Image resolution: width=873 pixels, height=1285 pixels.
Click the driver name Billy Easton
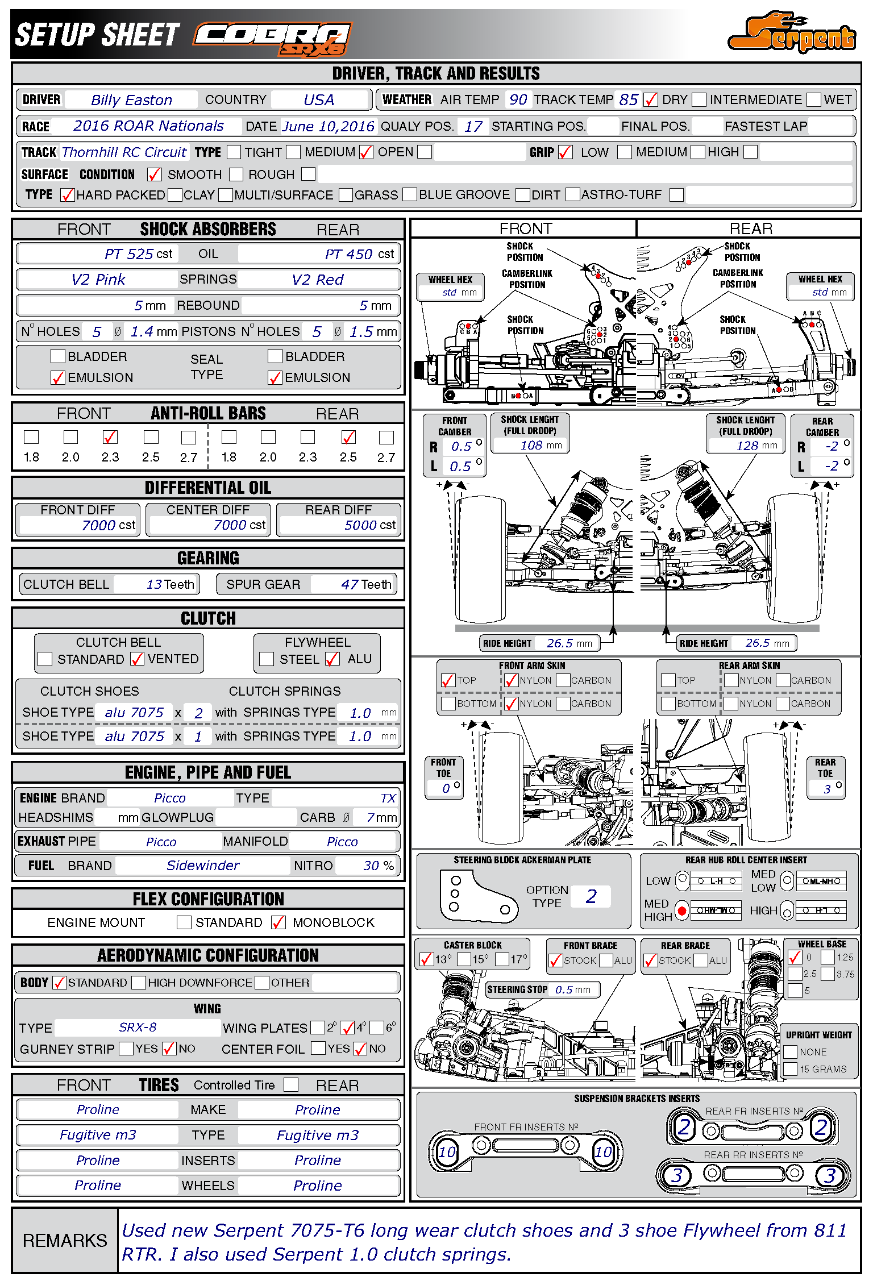coord(131,100)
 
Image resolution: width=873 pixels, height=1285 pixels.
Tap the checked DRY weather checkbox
coord(650,100)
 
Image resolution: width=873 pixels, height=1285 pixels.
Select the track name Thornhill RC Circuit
coord(124,152)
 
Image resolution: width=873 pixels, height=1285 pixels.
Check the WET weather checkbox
coord(814,100)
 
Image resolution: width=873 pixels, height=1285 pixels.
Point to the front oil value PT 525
coord(129,254)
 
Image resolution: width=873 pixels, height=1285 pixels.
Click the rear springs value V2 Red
coord(318,280)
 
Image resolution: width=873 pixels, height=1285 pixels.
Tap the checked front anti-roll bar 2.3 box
coord(110,437)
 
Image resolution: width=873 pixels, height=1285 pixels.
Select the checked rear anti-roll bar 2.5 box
coord(348,437)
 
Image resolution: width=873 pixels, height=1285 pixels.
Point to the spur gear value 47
coord(350,584)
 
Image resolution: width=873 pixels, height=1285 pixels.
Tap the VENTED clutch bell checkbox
coord(137,659)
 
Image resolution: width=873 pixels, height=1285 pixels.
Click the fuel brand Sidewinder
coord(203,866)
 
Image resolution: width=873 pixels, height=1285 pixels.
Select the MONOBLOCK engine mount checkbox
coord(278,922)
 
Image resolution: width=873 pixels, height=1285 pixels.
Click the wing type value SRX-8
coord(138,1027)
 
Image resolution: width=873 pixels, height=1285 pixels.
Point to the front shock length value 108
coord(531,445)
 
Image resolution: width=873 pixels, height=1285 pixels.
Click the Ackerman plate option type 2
coord(591,896)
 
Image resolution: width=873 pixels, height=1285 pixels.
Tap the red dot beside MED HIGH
coord(681,910)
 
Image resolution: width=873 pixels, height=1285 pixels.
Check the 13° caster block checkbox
coord(426,960)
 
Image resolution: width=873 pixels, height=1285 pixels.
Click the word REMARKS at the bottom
coord(65,1241)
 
